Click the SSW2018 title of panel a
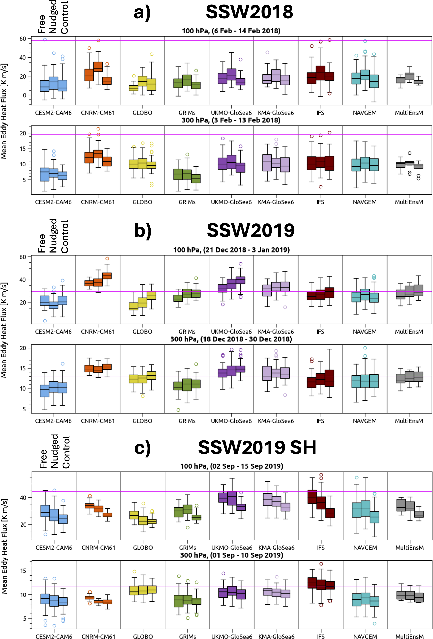click(x=249, y=12)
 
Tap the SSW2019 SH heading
click(x=257, y=447)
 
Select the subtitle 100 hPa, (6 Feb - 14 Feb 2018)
click(x=231, y=31)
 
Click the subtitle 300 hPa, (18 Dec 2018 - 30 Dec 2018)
click(x=231, y=339)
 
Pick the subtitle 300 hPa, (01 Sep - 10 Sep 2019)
click(x=232, y=555)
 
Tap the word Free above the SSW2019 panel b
click(x=42, y=243)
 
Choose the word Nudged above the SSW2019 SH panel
click(x=54, y=451)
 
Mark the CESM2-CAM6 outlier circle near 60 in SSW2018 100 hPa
click(x=45, y=40)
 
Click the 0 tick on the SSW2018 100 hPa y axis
click(x=25, y=95)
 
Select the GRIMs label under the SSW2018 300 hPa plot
click(x=187, y=202)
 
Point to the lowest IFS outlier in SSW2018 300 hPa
click(x=321, y=187)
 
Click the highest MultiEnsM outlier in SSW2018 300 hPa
click(x=410, y=153)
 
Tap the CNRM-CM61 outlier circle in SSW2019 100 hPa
click(x=107, y=258)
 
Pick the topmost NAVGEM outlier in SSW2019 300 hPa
click(x=365, y=348)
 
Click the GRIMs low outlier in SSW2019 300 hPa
click(x=178, y=410)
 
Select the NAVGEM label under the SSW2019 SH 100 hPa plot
click(x=365, y=548)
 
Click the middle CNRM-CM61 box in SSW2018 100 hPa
click(x=98, y=67)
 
